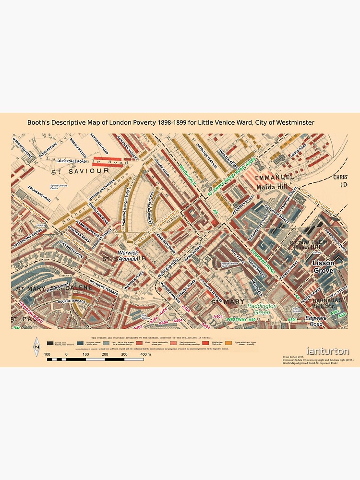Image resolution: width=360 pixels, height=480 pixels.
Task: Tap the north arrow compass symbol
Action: point(36,347)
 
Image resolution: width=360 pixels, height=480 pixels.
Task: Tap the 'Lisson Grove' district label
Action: point(323,267)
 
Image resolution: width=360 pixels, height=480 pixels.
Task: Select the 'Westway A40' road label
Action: point(241,319)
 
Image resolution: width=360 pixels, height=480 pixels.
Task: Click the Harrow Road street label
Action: point(30,312)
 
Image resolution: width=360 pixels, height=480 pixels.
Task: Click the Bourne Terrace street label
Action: point(71,301)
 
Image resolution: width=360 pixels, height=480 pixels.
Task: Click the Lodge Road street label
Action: point(298,150)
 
